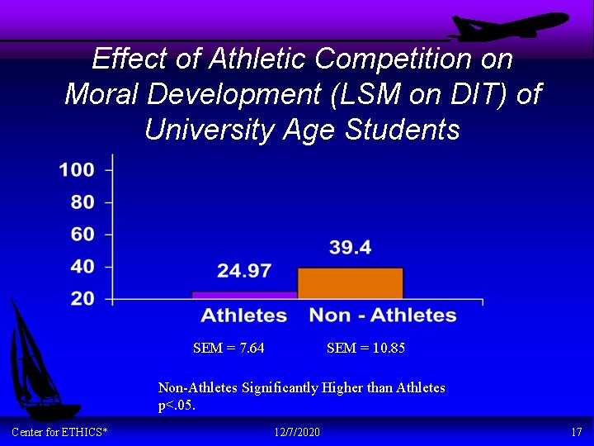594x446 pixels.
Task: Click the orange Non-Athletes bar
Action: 350,283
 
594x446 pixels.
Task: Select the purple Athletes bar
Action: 244,295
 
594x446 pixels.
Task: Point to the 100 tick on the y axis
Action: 77,170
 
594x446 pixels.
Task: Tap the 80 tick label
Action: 82,202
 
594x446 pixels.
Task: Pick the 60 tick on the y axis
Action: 82,235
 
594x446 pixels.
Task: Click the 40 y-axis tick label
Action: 82,267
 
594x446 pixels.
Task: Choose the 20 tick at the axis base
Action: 82,299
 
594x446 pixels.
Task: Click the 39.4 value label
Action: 350,248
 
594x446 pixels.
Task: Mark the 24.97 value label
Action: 244,271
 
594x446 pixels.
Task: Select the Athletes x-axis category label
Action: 244,316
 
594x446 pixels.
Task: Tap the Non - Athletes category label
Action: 383,316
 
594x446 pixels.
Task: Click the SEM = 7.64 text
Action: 229,349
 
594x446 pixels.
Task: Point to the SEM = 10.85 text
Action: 365,349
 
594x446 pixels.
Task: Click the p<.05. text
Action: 177,406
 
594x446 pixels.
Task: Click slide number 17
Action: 576,433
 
